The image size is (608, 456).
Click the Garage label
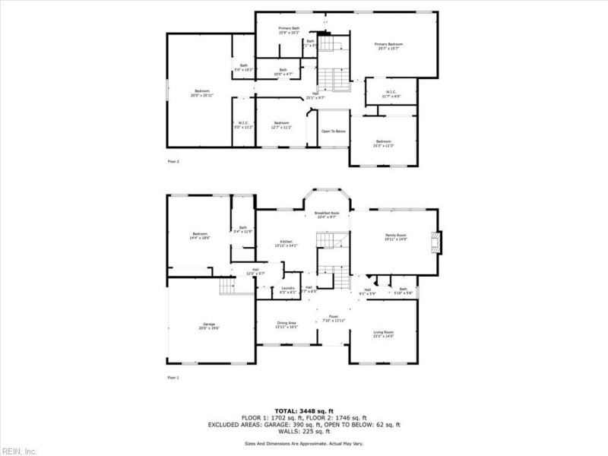coord(208,326)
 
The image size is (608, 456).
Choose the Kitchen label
coord(287,243)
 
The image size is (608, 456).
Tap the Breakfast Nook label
coord(326,215)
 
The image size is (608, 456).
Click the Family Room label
coord(396,237)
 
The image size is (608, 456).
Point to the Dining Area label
coord(287,325)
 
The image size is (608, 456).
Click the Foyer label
coord(333,318)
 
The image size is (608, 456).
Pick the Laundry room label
coord(287,290)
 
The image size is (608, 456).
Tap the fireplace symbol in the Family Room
coord(435,242)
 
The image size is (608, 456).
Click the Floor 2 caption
coord(173,162)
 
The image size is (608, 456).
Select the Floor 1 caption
coord(173,377)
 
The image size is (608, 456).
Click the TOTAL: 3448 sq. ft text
coord(304,410)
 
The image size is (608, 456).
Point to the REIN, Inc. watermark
coord(20,451)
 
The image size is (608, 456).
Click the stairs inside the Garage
coord(227,287)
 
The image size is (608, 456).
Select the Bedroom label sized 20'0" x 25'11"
coord(201,93)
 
